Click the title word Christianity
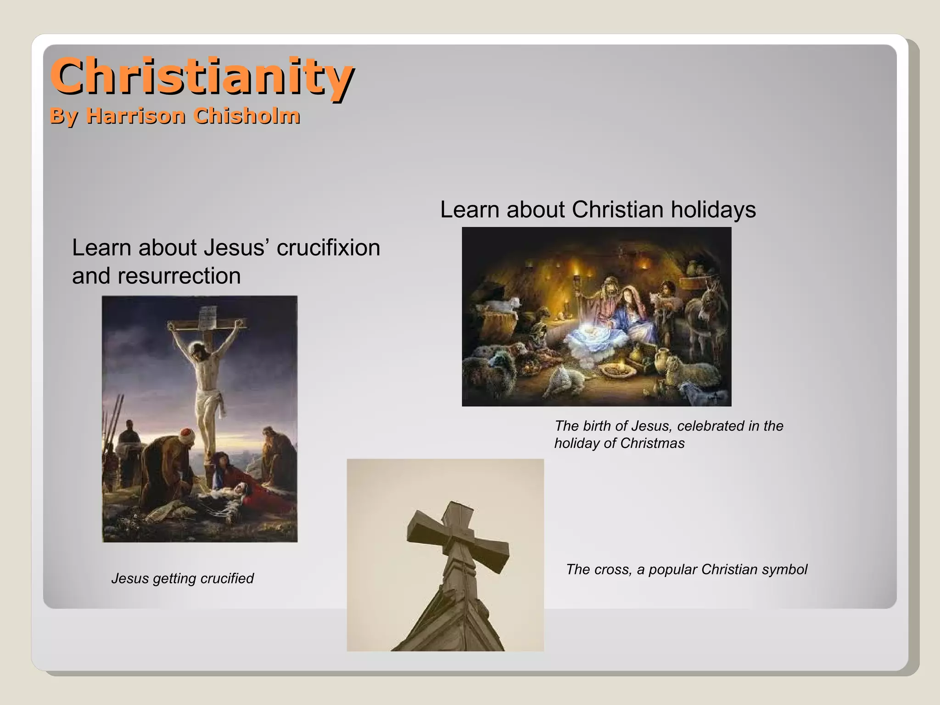[202, 76]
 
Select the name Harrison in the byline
[136, 116]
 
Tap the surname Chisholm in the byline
[246, 116]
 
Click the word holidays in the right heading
[713, 210]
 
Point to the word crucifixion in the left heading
[328, 248]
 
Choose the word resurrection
[179, 276]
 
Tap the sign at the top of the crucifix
[208, 317]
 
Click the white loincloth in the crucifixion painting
[209, 400]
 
